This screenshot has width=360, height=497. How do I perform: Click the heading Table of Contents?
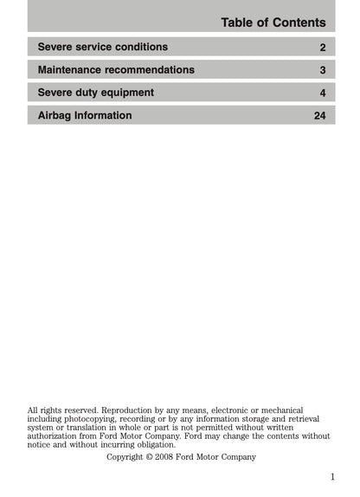point(273,23)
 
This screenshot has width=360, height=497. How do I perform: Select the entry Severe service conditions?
point(103,47)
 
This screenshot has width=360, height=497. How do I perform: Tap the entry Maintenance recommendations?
point(116,69)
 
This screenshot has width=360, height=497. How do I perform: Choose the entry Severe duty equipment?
point(96,93)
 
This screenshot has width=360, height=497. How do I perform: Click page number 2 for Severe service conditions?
point(322,47)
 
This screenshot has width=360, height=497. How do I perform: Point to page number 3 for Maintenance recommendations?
point(322,70)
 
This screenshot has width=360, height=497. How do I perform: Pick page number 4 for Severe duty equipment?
point(322,93)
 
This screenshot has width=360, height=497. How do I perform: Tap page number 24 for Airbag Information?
point(319,115)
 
